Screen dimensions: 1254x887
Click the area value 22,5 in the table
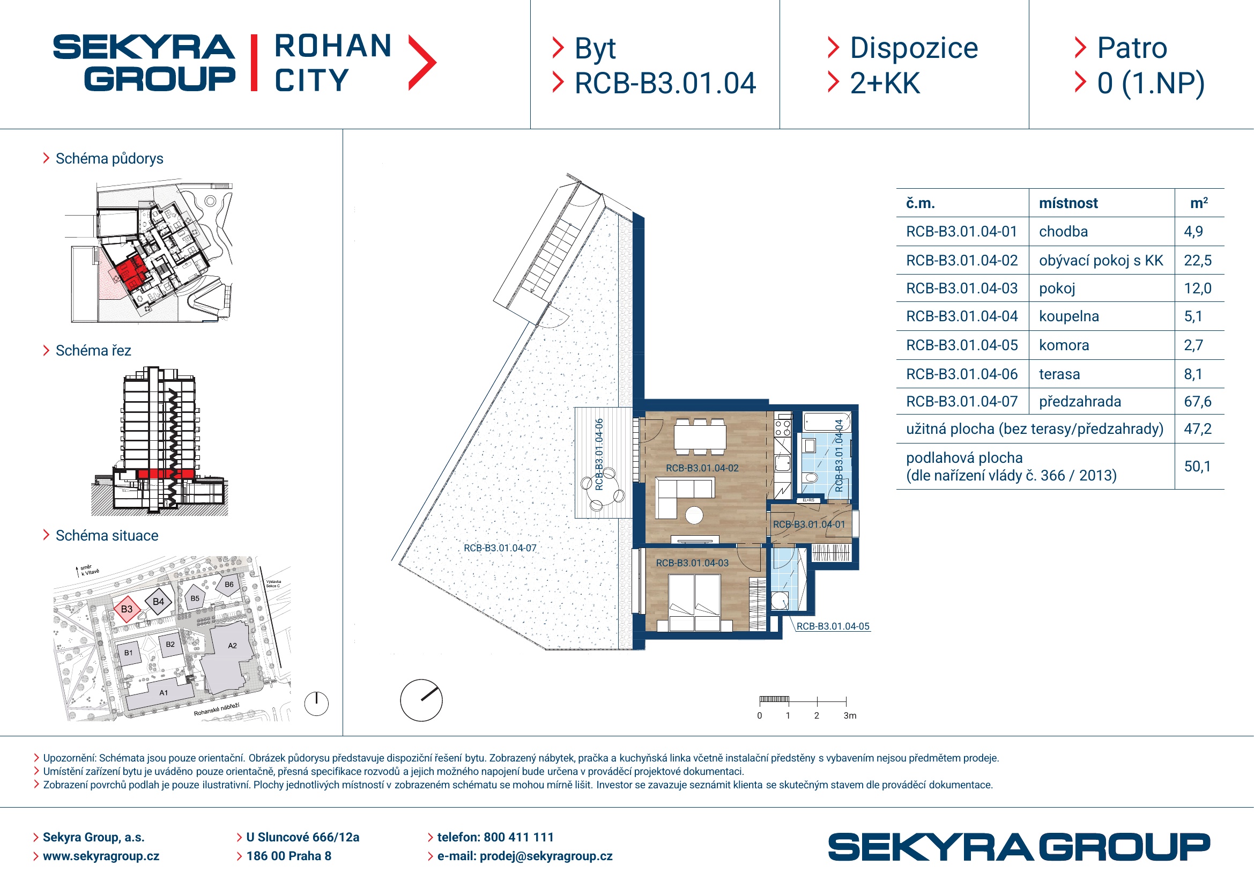pos(1197,261)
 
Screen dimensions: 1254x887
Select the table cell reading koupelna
pos(1069,316)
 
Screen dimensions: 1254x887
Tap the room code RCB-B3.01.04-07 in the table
pos(962,402)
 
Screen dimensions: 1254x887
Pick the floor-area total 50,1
pos(1197,467)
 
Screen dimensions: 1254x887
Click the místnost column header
pos(1068,203)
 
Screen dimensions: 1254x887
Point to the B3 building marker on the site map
pos(127,609)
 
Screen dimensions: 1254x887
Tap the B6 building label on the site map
pos(229,585)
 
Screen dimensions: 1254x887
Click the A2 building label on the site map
pos(232,646)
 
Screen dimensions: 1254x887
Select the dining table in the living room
pos(700,437)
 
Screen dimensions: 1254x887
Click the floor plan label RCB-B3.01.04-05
pos(833,626)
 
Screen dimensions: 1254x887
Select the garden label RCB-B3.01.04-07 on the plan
pos(500,548)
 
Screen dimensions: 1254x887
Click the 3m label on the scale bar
pos(850,715)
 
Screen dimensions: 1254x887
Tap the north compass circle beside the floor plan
pos(421,700)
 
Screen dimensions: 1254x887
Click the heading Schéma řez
pos(93,351)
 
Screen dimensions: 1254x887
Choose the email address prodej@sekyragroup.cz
pos(546,856)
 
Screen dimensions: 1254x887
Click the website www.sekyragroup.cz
pos(101,856)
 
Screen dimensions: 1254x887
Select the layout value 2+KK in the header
pos(885,83)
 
